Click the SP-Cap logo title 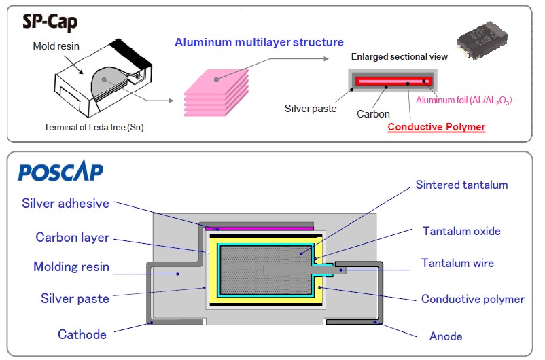pyautogui.click(x=50, y=22)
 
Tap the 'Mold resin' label pyautogui.click(x=57, y=46)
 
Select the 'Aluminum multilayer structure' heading pyautogui.click(x=259, y=42)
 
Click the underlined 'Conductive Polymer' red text pyautogui.click(x=436, y=127)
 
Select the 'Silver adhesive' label pyautogui.click(x=65, y=203)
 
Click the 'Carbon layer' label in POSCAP pyautogui.click(x=72, y=238)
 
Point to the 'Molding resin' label pyautogui.click(x=71, y=267)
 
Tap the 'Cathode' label pyautogui.click(x=82, y=334)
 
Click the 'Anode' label pyautogui.click(x=446, y=336)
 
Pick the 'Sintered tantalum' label pyautogui.click(x=461, y=185)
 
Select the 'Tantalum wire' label pyautogui.click(x=457, y=263)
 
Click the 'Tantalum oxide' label pyautogui.click(x=461, y=231)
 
